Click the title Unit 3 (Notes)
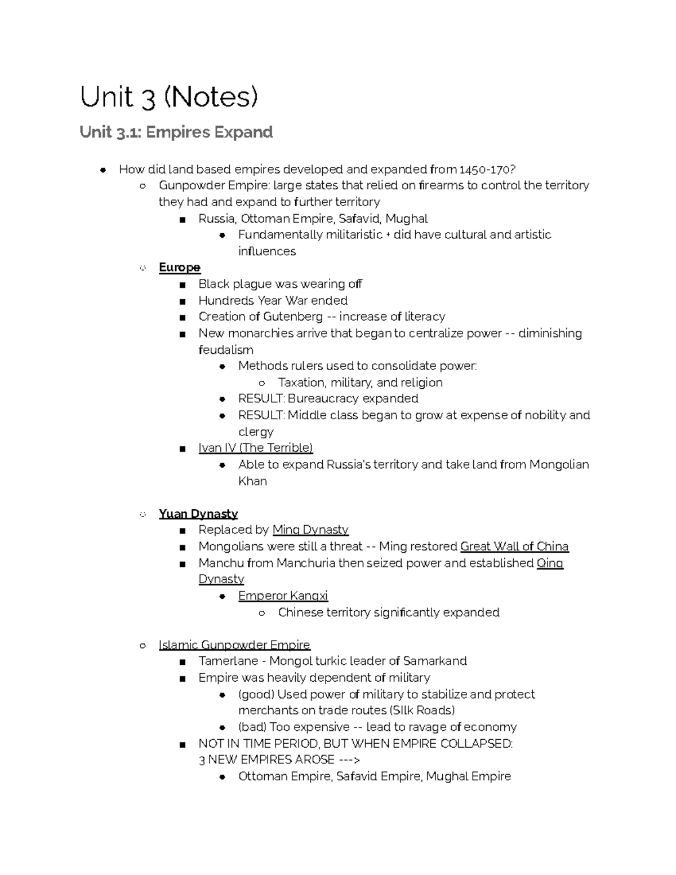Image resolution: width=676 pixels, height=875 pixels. (x=169, y=97)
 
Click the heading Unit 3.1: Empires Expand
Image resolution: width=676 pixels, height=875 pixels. (x=176, y=132)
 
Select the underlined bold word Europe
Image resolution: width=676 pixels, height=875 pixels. (x=180, y=267)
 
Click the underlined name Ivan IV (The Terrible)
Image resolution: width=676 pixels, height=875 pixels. (x=255, y=448)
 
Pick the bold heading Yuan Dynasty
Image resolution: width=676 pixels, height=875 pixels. (x=198, y=514)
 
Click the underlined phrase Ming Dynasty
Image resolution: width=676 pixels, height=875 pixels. (x=310, y=530)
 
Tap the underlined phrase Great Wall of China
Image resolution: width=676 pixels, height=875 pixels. (x=514, y=547)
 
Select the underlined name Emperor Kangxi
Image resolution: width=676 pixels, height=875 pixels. (x=283, y=596)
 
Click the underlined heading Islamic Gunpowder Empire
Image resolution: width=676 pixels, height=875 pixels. (x=234, y=645)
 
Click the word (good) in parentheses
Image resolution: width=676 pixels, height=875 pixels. (x=256, y=694)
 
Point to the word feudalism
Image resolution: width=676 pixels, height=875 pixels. (x=226, y=350)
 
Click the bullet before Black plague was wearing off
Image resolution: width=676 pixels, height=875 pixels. (x=182, y=285)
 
